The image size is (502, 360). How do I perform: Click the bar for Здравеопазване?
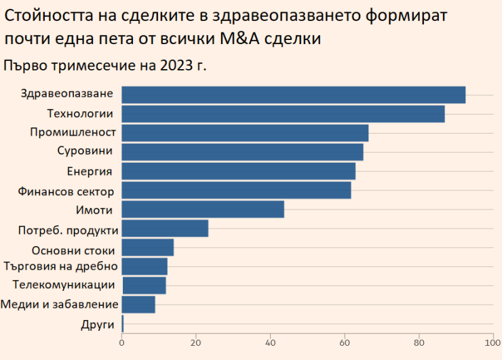pyautogui.click(x=293, y=95)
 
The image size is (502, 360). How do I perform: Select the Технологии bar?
pyautogui.click(x=283, y=114)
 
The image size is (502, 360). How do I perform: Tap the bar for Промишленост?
pyautogui.click(x=245, y=133)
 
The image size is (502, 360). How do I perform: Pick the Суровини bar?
pyautogui.click(x=242, y=152)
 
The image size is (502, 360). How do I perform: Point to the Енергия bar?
pyautogui.click(x=238, y=171)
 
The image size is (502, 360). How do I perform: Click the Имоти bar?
pyautogui.click(x=203, y=209)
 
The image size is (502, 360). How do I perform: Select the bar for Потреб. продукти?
pyautogui.click(x=165, y=228)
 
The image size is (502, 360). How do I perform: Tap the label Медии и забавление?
pyautogui.click(x=60, y=304)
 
